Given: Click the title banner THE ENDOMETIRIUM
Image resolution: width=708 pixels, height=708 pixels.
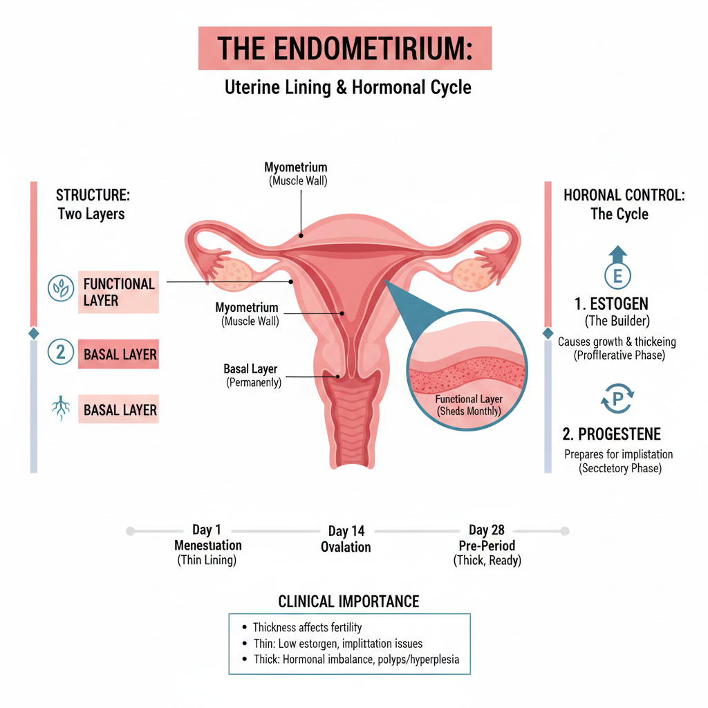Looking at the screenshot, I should (344, 48).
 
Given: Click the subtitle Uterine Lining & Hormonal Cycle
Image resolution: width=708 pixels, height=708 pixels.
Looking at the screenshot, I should (348, 88).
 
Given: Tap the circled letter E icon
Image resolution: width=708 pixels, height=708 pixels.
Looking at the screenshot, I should (617, 276).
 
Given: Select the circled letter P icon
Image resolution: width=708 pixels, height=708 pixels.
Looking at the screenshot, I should (617, 400).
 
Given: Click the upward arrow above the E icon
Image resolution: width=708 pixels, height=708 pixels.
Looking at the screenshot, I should (618, 252).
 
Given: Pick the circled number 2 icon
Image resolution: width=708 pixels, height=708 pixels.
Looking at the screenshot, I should (61, 353).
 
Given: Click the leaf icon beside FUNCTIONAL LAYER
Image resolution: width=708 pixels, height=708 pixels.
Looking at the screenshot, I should (61, 288).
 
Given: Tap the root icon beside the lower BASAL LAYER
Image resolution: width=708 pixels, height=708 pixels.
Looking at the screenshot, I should (61, 409).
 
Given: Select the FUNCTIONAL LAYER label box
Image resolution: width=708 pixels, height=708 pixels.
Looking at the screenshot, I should (118, 292).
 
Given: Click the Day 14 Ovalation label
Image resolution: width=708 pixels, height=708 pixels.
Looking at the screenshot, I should (346, 539).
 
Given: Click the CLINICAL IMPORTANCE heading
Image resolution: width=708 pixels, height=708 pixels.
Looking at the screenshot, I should (348, 601).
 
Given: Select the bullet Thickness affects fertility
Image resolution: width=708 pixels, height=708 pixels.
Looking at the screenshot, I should (306, 627).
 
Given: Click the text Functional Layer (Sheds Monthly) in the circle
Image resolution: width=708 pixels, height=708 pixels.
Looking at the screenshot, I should (469, 404).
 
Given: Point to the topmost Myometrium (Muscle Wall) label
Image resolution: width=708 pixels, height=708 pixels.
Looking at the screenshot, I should (296, 174).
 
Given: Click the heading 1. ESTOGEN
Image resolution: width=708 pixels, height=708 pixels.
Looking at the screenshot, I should (611, 304).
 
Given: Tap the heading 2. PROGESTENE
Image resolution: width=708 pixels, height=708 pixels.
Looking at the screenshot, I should (611, 434).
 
